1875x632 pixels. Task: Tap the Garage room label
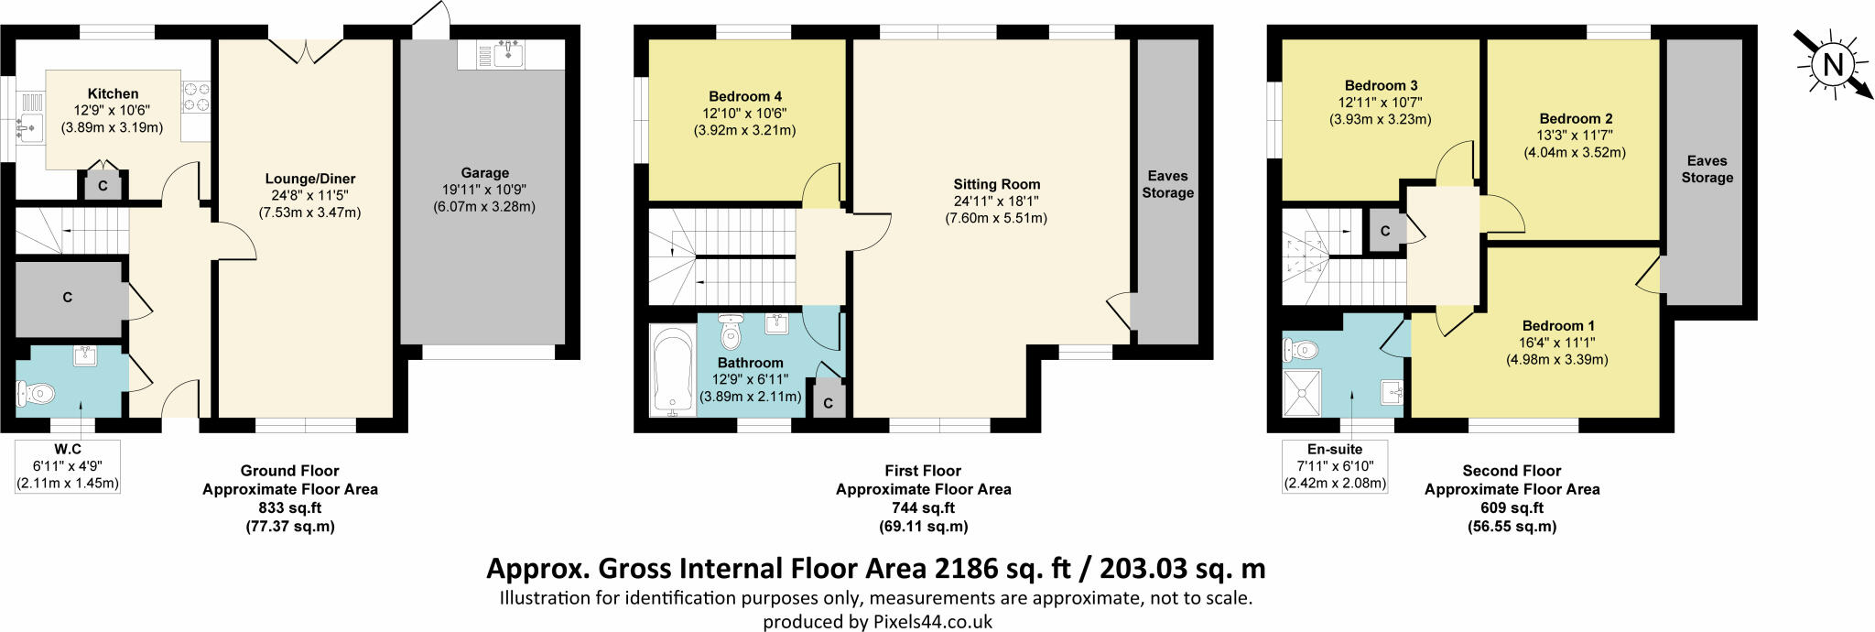pos(484,172)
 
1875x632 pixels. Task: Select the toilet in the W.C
pos(36,394)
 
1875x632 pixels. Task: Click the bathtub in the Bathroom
pos(672,371)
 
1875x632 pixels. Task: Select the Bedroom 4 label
pos(745,96)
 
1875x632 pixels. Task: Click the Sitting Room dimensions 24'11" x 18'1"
pos(996,201)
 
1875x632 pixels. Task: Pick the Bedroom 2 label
pos(1576,118)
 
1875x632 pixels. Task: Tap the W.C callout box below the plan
pos(68,466)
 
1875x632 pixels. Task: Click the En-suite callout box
pos(1335,466)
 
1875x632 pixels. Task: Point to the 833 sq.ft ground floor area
pos(290,507)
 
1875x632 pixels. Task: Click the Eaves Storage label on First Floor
pos(1167,184)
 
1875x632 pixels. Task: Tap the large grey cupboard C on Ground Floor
pos(69,298)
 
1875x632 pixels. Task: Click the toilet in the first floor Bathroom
pos(730,334)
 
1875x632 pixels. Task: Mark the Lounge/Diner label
pos(310,179)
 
